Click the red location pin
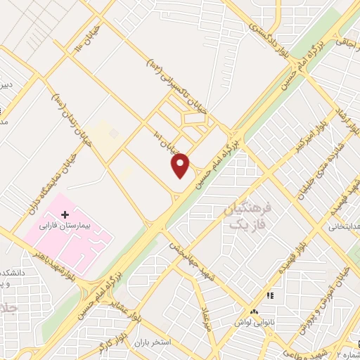tap(181, 165)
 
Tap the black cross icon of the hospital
tap(65, 214)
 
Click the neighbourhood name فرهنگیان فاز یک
tap(248, 216)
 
